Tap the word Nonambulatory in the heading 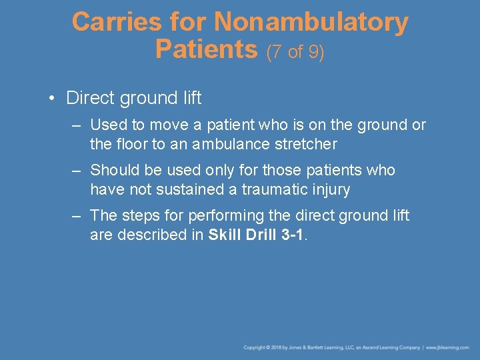coord(311,23)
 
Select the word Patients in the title coord(206,49)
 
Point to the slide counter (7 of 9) coord(295,51)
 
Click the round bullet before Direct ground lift coord(51,99)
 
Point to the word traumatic coord(273,189)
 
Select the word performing coord(224,215)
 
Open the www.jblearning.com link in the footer coord(447,347)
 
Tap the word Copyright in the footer coord(255,347)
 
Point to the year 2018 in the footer coord(280,347)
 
